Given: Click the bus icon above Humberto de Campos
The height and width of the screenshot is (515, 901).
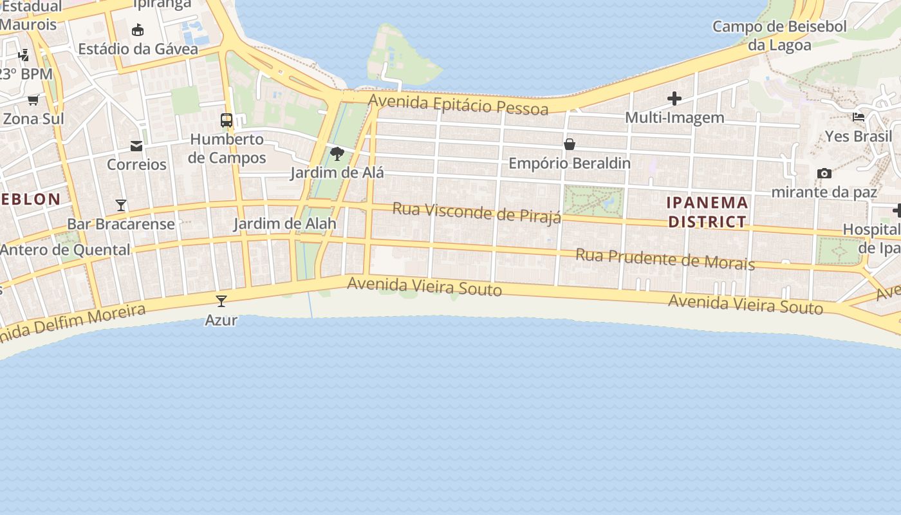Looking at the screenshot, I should point(227,120).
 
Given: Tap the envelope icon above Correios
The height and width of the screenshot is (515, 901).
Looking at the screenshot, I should point(136,146).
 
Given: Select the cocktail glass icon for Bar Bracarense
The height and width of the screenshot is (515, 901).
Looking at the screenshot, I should point(121,205).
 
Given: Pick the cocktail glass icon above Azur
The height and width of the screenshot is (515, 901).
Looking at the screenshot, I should point(221,301).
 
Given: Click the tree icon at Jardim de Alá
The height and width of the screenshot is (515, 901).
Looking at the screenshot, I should point(337,154).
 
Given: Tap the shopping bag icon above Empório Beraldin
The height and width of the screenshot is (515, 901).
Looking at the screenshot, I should point(570,144).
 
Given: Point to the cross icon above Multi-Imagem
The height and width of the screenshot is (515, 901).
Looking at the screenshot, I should point(674,98).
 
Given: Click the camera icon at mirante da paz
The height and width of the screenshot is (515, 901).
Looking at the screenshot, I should point(824,173).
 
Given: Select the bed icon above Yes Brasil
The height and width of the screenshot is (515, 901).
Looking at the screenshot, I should point(859,117).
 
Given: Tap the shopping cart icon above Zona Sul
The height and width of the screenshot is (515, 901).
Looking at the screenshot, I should point(33,100).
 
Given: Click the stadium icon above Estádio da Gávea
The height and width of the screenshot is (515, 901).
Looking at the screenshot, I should point(137,30).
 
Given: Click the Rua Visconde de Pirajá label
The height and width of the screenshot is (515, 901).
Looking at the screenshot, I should point(476,212).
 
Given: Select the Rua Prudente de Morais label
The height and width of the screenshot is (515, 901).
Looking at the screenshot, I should point(665,259).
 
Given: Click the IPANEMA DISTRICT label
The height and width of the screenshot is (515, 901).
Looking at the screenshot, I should point(707,212).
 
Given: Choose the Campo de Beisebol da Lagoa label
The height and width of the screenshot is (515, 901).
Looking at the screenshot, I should point(779,36).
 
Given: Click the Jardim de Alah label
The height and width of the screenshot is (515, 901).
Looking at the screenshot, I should point(284,224).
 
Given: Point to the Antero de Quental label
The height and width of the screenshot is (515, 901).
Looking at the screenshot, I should point(65,250).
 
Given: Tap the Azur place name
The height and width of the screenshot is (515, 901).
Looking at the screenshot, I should point(221,320).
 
